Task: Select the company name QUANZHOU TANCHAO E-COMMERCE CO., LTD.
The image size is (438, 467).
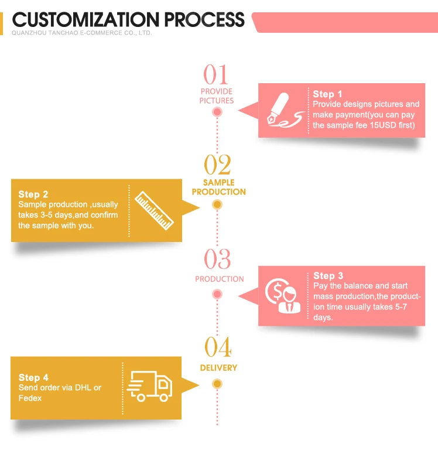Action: point(81,33)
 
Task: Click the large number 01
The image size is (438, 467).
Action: point(216,76)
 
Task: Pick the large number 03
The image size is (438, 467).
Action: point(217,259)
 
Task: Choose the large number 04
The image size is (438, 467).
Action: point(218,348)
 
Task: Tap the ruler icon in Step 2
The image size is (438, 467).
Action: point(155,210)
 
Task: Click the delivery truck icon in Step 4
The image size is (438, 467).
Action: point(150,386)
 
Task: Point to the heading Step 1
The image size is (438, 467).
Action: point(327,94)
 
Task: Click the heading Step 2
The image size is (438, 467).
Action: point(33,194)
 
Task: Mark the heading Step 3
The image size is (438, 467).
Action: point(328,275)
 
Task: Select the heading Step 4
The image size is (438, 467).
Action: point(33,377)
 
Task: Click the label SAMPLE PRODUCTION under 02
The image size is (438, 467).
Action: point(218,188)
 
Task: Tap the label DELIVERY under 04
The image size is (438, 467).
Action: point(218,367)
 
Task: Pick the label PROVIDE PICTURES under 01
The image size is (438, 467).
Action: point(216,96)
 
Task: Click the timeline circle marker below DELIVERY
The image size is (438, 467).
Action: point(217,384)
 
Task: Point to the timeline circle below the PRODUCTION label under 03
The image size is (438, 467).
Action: point(217,294)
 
